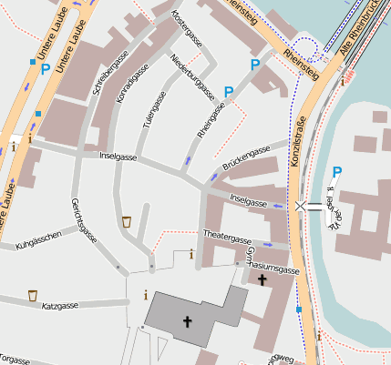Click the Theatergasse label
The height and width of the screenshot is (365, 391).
[226, 238]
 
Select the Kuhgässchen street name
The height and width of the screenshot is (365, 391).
[38, 238]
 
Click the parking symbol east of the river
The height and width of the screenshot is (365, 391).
[337, 171]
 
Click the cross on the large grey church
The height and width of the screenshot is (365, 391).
[188, 321]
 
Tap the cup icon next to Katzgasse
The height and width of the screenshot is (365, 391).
[33, 295]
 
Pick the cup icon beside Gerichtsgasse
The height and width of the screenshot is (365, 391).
[127, 221]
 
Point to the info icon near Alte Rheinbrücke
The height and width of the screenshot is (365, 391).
[343, 80]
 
